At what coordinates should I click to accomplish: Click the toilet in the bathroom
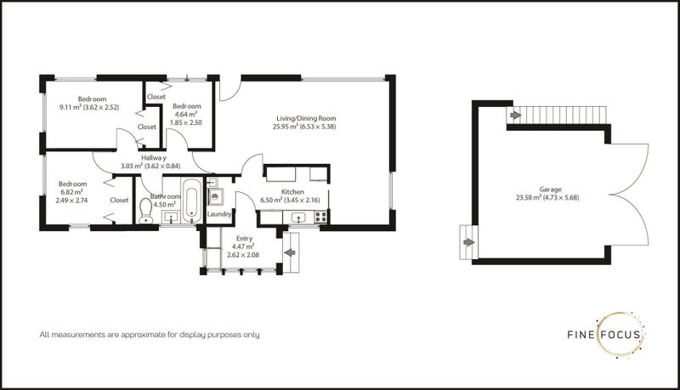coord(145,211)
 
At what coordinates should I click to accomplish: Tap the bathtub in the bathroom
coord(192,200)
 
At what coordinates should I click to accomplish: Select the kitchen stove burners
coord(320,217)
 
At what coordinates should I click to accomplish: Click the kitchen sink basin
coord(299,218)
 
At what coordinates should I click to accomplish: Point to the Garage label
coord(550,189)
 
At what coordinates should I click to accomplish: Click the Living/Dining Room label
coord(306,118)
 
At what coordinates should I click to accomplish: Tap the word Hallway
coord(154,158)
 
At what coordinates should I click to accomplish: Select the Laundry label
coord(219,214)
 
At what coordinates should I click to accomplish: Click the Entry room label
coord(244,238)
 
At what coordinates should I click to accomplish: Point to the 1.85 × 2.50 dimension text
coord(185,122)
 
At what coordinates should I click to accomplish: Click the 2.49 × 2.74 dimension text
coord(71,201)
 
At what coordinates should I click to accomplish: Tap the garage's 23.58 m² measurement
coord(528,198)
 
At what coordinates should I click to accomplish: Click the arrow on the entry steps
coord(290,252)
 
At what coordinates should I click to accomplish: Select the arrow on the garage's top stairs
coord(515,116)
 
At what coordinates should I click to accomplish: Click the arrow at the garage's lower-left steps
coord(469,242)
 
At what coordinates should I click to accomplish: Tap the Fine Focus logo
coord(605,334)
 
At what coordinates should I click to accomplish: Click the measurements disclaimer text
coord(150,335)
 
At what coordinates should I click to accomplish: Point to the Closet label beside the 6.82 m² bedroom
coord(119,201)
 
